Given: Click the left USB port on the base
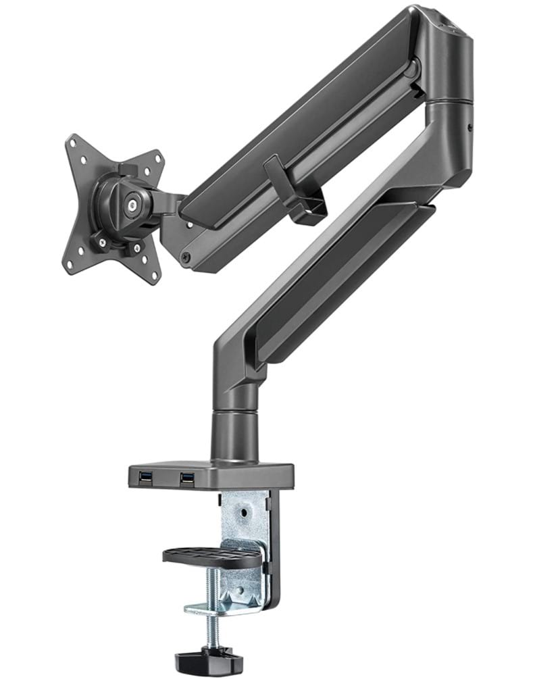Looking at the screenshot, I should point(145,478).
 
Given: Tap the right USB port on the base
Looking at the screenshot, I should point(187,478).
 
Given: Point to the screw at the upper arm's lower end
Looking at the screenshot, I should point(186,257).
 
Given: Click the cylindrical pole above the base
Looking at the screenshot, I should point(234,432).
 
